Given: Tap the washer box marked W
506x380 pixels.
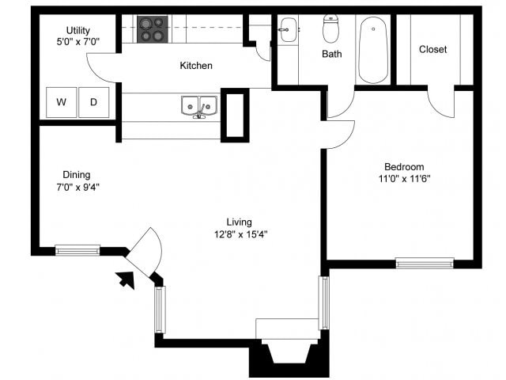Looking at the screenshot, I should [x=60, y=102].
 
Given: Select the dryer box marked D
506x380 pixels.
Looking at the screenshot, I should [x=93, y=102].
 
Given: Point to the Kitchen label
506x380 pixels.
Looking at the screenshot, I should [x=196, y=66].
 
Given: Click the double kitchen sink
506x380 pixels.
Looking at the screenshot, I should [x=198, y=106].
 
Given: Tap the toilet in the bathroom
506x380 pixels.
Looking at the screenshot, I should [x=331, y=29].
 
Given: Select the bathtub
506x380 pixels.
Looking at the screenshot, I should [x=372, y=49].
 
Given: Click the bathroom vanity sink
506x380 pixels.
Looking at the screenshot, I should [x=289, y=30].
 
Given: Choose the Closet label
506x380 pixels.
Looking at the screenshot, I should [x=432, y=49].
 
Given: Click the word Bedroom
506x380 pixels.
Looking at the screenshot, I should [x=404, y=167].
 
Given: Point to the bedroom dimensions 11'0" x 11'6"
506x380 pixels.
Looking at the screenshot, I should [x=404, y=179].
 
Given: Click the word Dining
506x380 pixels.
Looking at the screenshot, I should [x=77, y=175].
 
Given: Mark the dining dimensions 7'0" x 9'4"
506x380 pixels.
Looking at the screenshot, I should [x=77, y=188].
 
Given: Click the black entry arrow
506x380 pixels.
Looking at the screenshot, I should [x=125, y=279].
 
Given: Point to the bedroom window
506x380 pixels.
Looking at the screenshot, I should [x=424, y=263].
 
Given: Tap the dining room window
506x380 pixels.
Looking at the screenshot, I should [x=77, y=250].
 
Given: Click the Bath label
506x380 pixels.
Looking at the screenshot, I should [x=331, y=55].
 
